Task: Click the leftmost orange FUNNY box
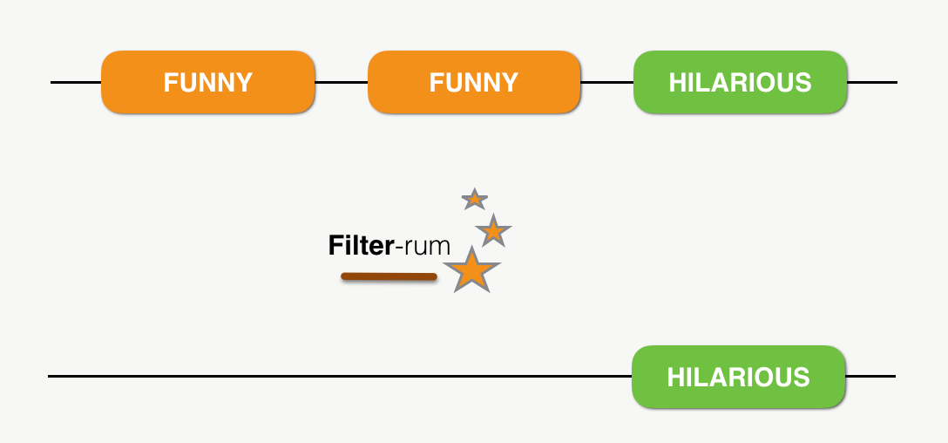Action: pyautogui.click(x=207, y=82)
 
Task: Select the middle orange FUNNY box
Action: pyautogui.click(x=474, y=82)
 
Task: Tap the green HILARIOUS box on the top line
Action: pyautogui.click(x=740, y=82)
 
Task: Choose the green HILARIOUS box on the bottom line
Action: pyautogui.click(x=738, y=377)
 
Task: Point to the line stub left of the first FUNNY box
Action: pyautogui.click(x=76, y=83)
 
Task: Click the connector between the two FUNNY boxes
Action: pyautogui.click(x=341, y=83)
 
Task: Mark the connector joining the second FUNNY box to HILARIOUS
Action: pyautogui.click(x=606, y=83)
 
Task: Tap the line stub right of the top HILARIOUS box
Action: pyautogui.click(x=871, y=83)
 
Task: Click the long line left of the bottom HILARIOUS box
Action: pyautogui.click(x=340, y=376)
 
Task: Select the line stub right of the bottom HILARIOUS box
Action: pyautogui.click(x=870, y=376)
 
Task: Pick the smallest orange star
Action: pyautogui.click(x=474, y=200)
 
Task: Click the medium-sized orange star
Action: pyautogui.click(x=493, y=231)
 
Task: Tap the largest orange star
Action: pyautogui.click(x=471, y=270)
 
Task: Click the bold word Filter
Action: pyautogui.click(x=361, y=246)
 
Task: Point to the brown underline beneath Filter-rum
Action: pyautogui.click(x=389, y=277)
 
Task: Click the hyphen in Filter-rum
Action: pyautogui.click(x=399, y=249)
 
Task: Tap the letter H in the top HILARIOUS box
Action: pyautogui.click(x=675, y=83)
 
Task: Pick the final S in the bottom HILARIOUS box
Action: pyautogui.click(x=802, y=378)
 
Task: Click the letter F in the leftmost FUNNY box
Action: pyautogui.click(x=170, y=83)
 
